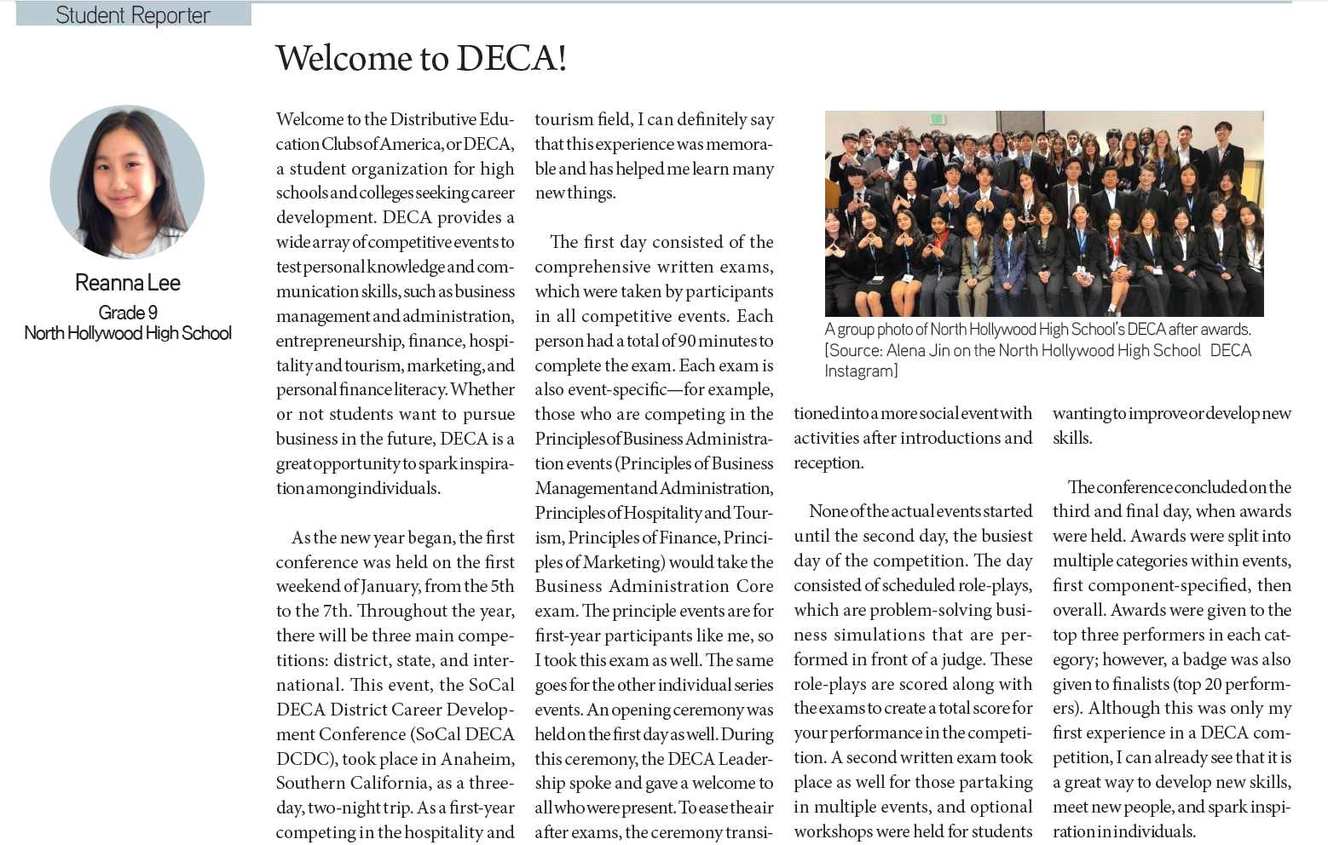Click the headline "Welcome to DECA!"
tap(421, 59)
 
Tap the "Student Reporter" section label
tap(133, 15)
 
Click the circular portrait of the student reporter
tap(127, 181)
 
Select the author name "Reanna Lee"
tap(128, 283)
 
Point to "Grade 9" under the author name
tap(128, 313)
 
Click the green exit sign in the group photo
tap(937, 118)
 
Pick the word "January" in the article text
tap(390, 586)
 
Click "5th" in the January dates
tap(502, 586)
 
